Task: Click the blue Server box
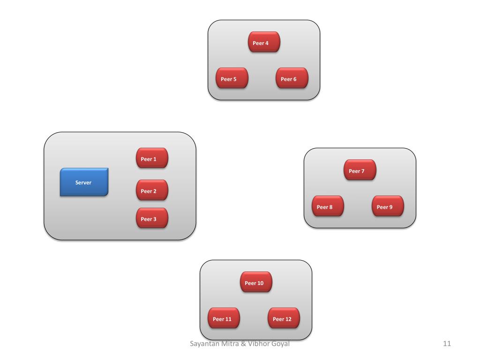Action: pos(84,182)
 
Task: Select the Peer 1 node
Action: pos(152,158)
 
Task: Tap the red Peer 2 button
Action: pos(152,190)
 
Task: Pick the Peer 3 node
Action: pos(152,218)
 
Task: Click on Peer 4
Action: pos(264,42)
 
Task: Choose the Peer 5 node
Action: pos(232,78)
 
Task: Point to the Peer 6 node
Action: pos(292,78)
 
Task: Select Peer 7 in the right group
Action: pos(360,170)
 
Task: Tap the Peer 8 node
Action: pos(328,206)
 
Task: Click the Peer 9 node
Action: pos(388,206)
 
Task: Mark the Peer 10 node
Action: pos(256,282)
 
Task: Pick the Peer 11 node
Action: pos(224,318)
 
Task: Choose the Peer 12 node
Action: pos(284,318)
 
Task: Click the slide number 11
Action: pos(447,344)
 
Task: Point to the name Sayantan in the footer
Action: pos(204,344)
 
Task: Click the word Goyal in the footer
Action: pos(280,344)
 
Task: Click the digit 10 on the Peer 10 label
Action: pos(261,283)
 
